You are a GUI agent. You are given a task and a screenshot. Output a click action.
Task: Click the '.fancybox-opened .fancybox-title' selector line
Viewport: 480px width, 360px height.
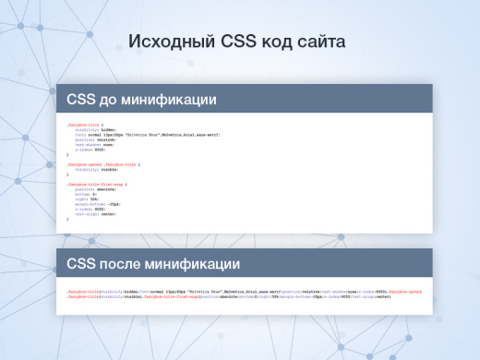(x=102, y=162)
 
